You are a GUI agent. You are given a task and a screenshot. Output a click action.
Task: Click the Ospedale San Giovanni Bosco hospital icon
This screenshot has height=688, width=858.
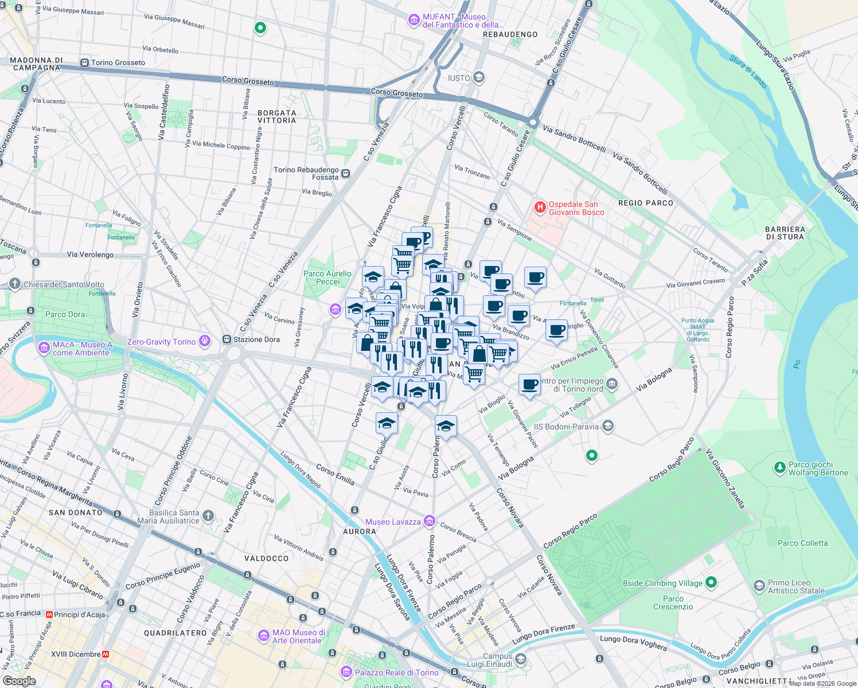point(540,207)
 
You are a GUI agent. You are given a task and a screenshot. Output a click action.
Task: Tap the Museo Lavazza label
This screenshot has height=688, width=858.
point(393,522)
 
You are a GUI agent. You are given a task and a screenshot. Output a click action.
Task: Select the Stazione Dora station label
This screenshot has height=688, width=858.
point(256,339)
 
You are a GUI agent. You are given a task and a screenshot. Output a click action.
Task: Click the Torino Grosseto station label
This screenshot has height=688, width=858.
point(118,62)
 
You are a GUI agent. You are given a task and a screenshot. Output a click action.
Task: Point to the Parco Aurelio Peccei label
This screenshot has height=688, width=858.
point(327,277)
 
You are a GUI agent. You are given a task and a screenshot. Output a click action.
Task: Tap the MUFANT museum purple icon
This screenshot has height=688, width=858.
point(414,21)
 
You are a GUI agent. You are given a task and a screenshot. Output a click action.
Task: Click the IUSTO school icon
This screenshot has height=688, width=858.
point(479,77)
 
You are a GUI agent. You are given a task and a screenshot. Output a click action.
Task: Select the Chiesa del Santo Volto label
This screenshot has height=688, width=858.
point(64,284)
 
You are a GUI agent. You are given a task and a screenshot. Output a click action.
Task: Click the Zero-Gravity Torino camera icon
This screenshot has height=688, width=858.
point(205,342)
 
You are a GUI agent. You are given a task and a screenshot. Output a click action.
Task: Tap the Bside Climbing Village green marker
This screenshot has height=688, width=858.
point(711,583)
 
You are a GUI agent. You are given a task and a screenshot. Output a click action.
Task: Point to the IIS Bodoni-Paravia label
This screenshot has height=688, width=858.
point(565,427)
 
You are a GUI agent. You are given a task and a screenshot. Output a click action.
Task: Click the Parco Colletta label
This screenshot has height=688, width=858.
point(802,543)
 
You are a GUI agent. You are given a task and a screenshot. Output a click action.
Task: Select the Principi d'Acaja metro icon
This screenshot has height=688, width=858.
point(49,615)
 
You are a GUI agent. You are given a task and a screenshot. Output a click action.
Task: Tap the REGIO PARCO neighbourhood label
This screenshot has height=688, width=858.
point(645,203)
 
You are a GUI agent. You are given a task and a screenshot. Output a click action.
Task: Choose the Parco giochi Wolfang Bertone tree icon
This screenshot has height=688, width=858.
point(779,468)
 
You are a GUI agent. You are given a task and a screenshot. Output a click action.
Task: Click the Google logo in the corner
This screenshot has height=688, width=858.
point(19,681)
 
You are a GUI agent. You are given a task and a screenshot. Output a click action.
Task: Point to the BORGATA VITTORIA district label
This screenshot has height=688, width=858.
point(276,116)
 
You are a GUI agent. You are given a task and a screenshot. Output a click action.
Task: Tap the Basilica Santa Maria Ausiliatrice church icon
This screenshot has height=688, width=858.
point(208,516)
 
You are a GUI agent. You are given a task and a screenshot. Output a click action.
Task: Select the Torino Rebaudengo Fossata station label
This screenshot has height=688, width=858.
point(306,173)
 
